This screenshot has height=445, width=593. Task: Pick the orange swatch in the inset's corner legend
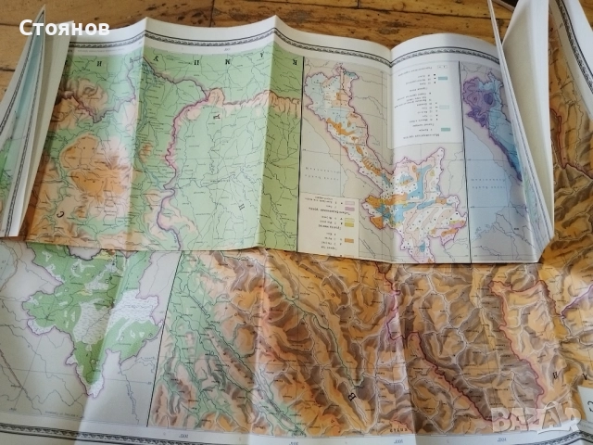[x=349, y=243]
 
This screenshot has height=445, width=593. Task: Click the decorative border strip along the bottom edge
[x=278, y=434]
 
